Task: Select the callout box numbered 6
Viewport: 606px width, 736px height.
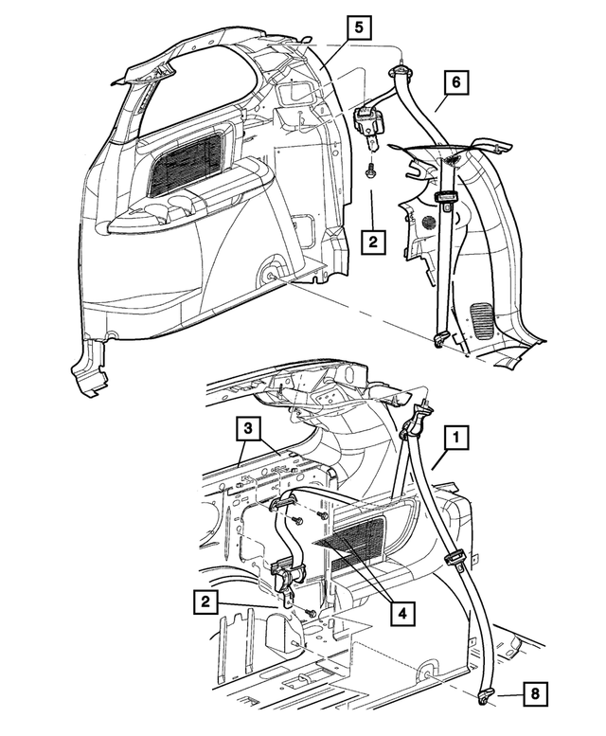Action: coord(455,83)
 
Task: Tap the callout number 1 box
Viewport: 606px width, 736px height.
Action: coord(456,438)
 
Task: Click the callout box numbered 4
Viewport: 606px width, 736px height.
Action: coord(401,613)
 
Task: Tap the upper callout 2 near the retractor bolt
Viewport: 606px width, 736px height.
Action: coord(374,242)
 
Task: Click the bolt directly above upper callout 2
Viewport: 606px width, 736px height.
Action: coord(370,173)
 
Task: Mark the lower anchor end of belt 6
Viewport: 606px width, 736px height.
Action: coord(439,339)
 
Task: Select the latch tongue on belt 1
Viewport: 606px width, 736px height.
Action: coord(454,560)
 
